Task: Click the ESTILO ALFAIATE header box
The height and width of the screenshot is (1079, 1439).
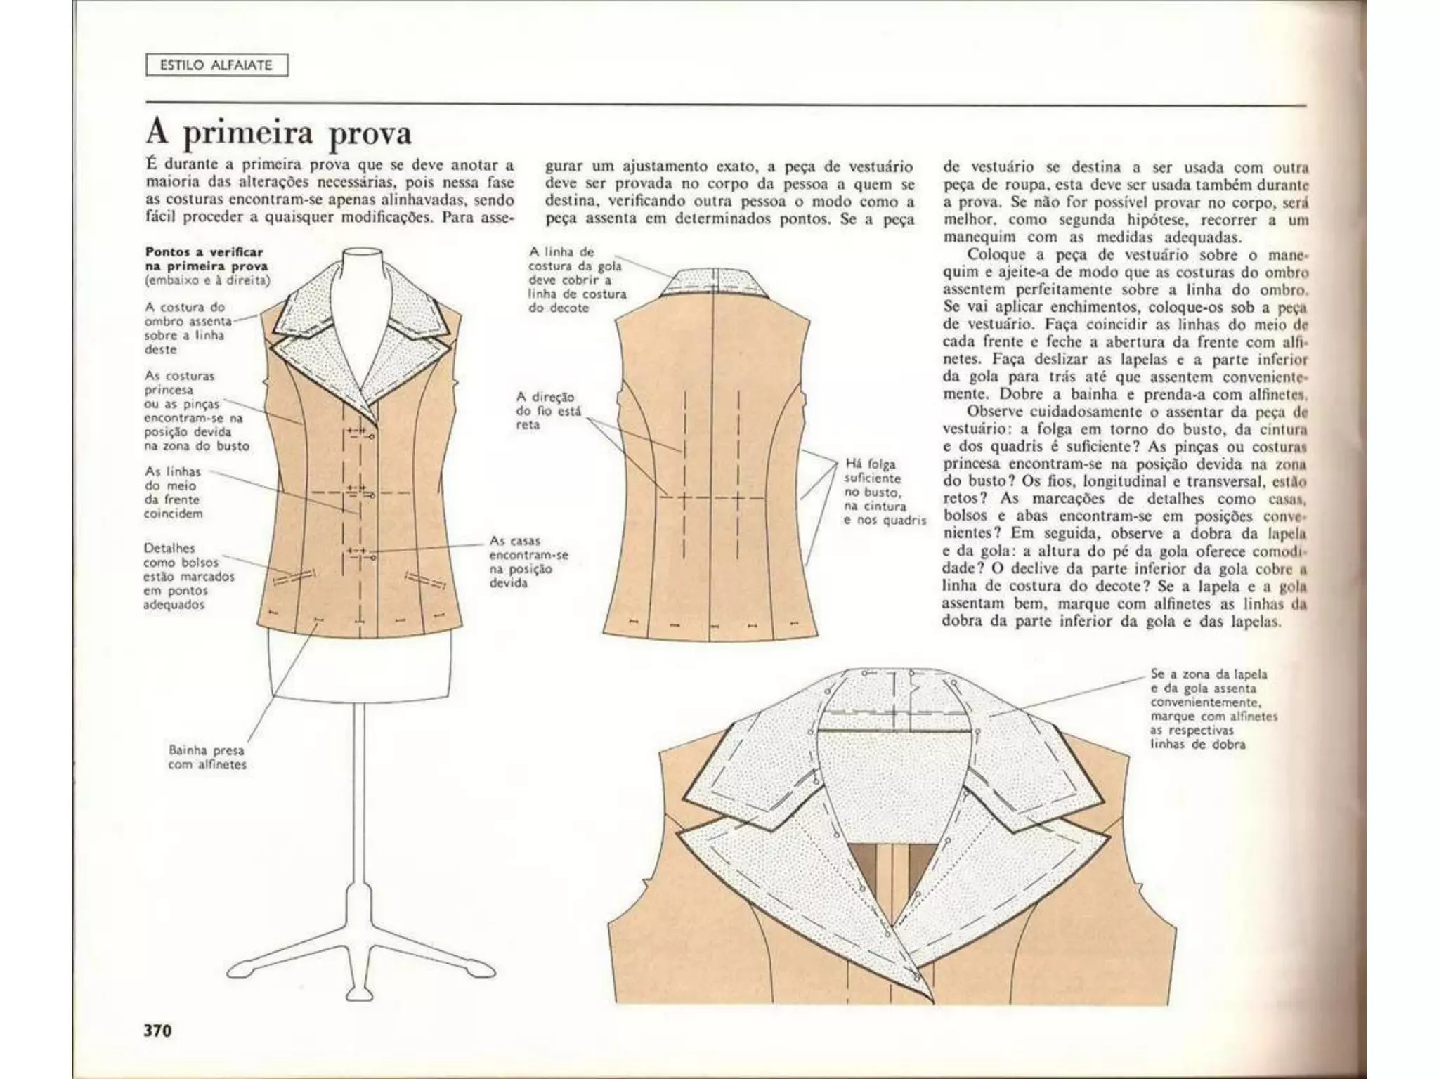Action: coord(216,66)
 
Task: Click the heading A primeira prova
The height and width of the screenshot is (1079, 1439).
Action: coord(278,133)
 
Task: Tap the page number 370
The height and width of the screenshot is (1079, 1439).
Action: coord(158,1030)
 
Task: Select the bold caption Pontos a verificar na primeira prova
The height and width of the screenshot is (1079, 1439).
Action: coord(205,259)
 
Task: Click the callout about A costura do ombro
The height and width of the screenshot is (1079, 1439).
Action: coord(187,328)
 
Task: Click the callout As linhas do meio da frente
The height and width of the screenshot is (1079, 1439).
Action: coord(173,492)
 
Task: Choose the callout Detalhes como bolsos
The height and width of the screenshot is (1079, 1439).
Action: coord(188,576)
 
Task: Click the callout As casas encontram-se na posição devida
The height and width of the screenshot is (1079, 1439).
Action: coord(528,561)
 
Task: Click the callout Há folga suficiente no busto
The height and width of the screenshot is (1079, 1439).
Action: coord(884,492)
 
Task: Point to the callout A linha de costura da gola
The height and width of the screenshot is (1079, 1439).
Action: coord(575,280)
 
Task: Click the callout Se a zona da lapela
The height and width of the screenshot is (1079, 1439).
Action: coord(1213,709)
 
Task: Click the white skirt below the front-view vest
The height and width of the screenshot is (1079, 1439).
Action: coord(359,667)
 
